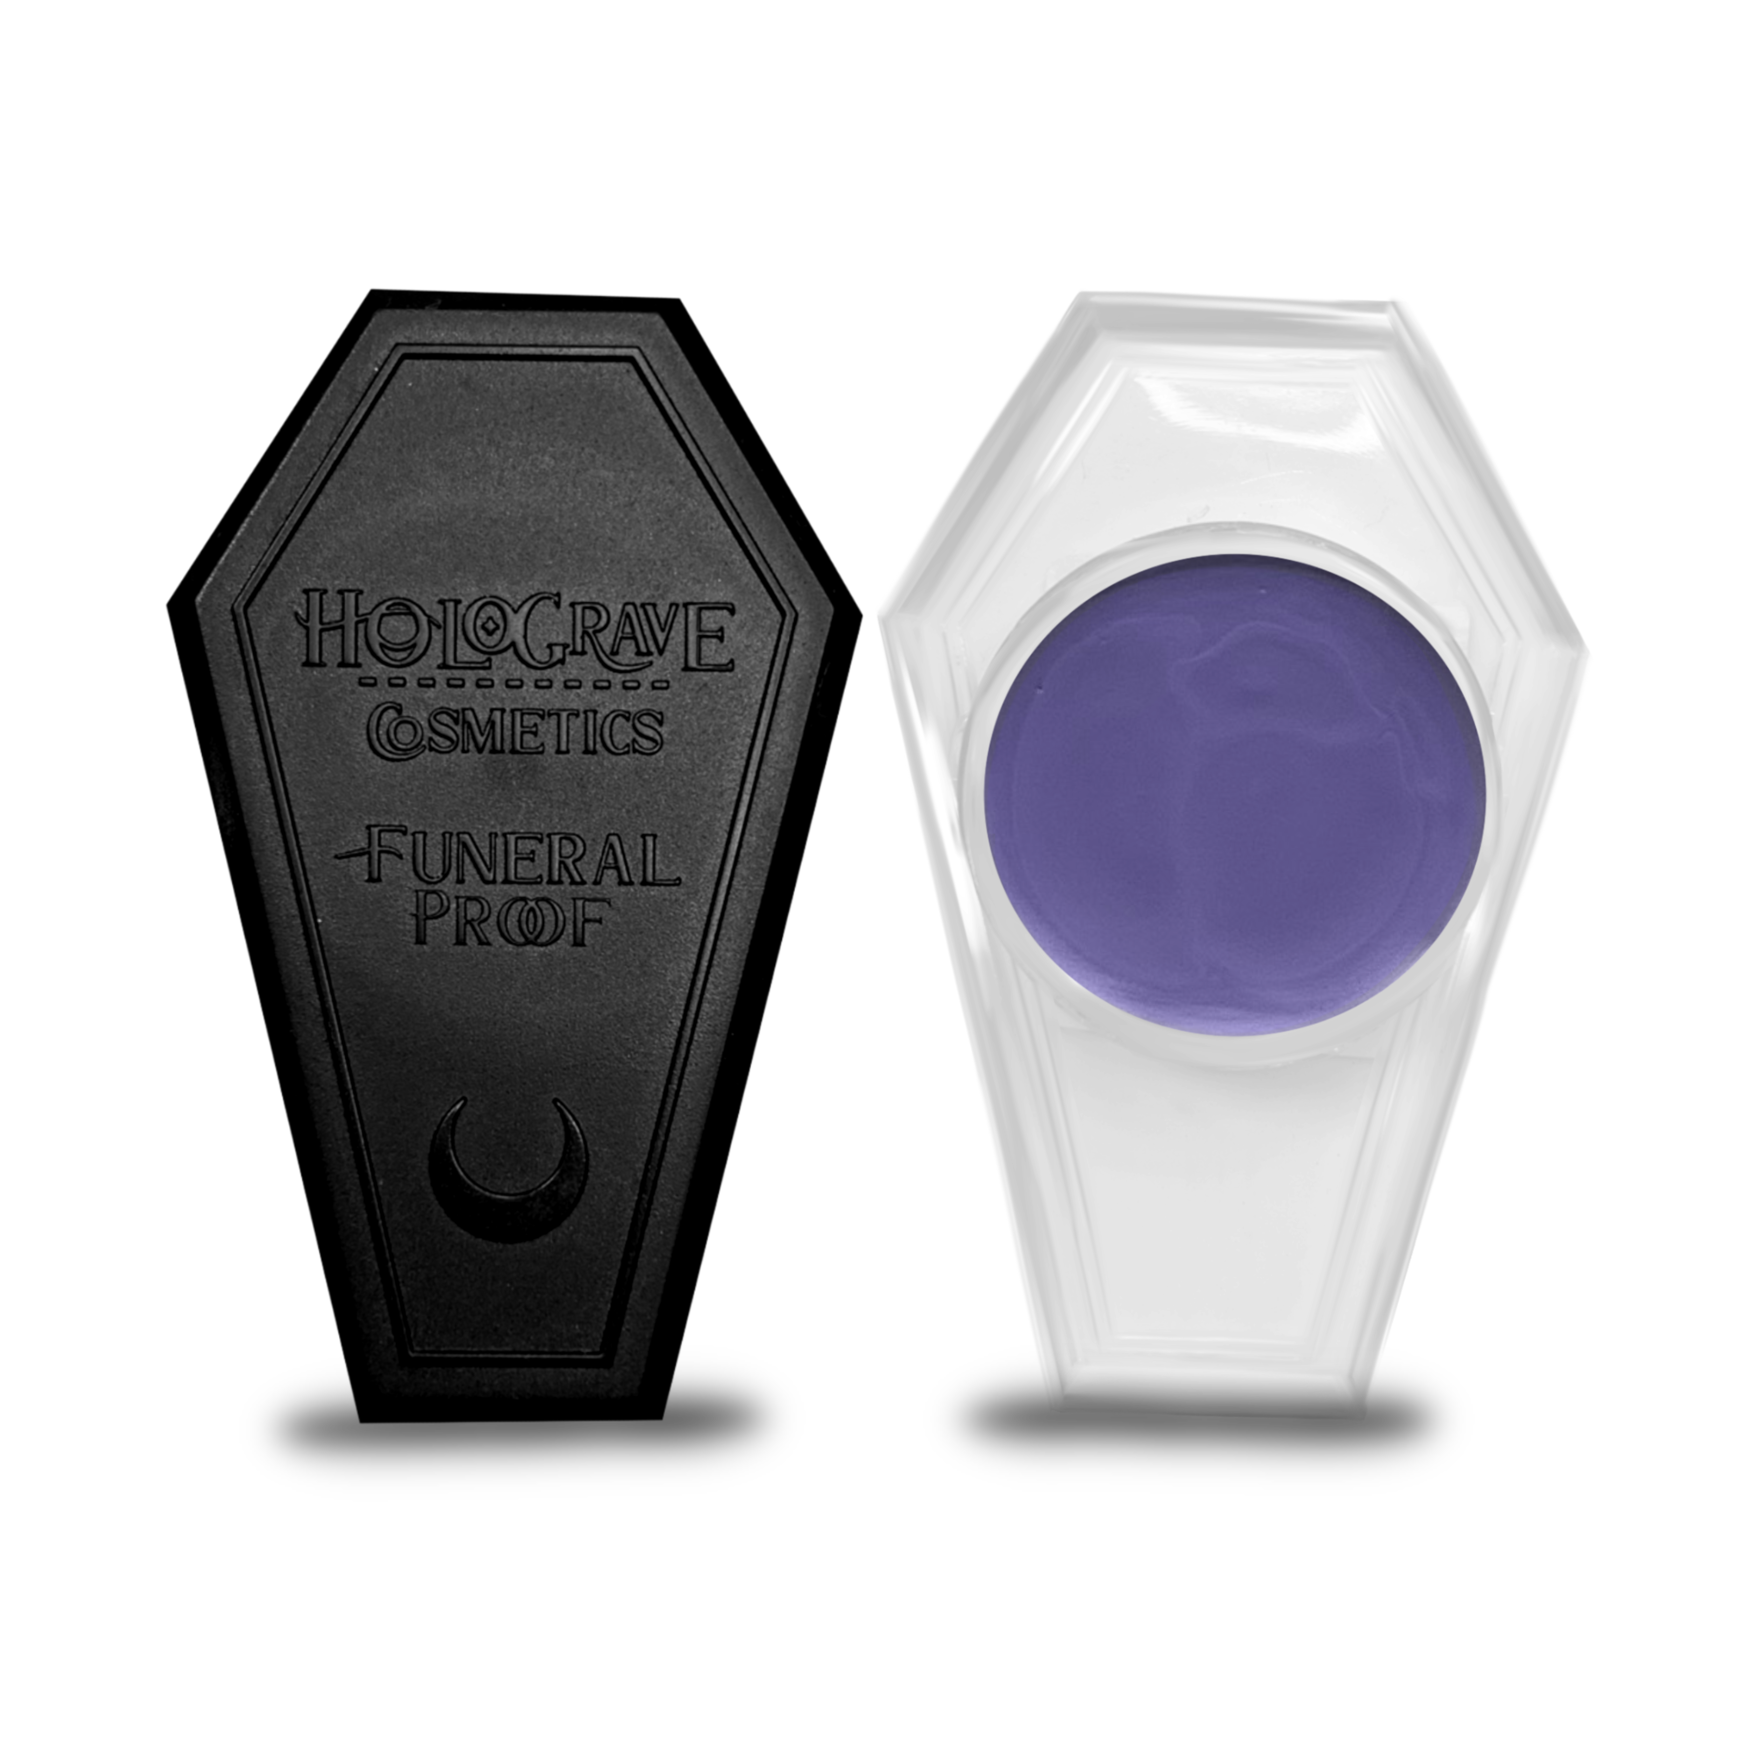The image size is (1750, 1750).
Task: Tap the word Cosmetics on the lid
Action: [514, 729]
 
